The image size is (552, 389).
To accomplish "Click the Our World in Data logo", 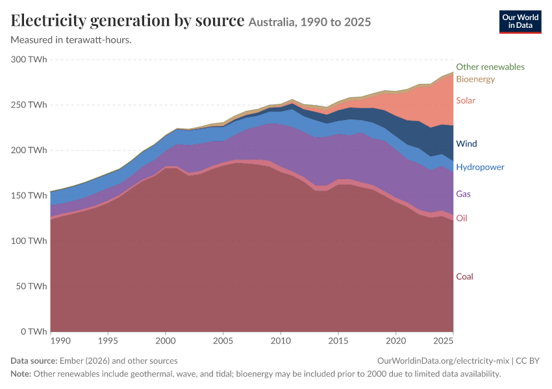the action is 520,22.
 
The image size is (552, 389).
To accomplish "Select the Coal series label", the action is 464,277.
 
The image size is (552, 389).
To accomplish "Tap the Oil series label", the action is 462,218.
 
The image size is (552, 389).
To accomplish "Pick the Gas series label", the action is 463,194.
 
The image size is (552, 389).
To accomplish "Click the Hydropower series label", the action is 480,167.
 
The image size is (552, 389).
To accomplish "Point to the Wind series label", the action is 466,144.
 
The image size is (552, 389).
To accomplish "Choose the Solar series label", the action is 466,100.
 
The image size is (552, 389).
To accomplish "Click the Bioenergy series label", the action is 475,79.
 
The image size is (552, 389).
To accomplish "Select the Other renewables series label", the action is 490,67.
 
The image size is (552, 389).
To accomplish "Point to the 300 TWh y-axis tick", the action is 29,60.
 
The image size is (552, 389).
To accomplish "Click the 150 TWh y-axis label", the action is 29,195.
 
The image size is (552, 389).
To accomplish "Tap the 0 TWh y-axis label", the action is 34,332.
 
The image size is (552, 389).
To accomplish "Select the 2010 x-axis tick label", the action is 281,341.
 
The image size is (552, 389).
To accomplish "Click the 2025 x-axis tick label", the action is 443,341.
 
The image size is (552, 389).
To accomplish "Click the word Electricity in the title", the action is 49,21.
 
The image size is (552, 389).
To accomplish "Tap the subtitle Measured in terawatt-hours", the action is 71,40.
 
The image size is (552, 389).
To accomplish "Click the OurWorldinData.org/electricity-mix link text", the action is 443,361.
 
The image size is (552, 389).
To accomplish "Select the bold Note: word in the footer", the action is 21,373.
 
